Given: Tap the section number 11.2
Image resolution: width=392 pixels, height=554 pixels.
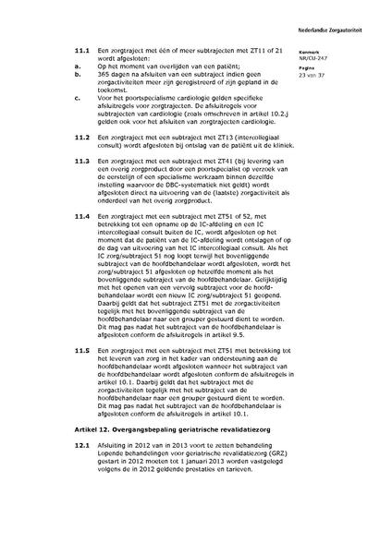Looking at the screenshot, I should pos(82,138).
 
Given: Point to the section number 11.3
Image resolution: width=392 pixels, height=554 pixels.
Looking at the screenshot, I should pos(82,161).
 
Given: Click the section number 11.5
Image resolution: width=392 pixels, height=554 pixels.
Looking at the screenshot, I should pos(82,351).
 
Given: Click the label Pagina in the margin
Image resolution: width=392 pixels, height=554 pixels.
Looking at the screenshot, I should pos(333,67).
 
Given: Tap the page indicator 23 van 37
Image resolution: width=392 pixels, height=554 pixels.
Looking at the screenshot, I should pos(337,75).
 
